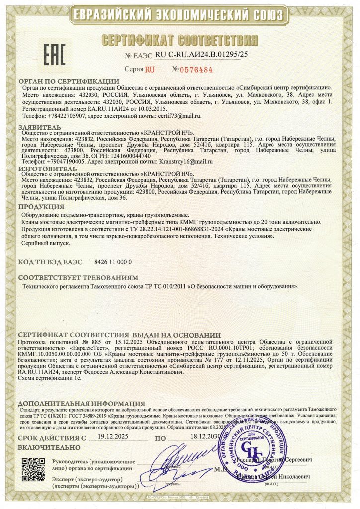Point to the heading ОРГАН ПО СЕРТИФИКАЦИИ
coord(69,81)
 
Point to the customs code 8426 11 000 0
coord(113,261)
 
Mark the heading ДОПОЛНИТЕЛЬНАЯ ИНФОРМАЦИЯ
coord(81,403)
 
